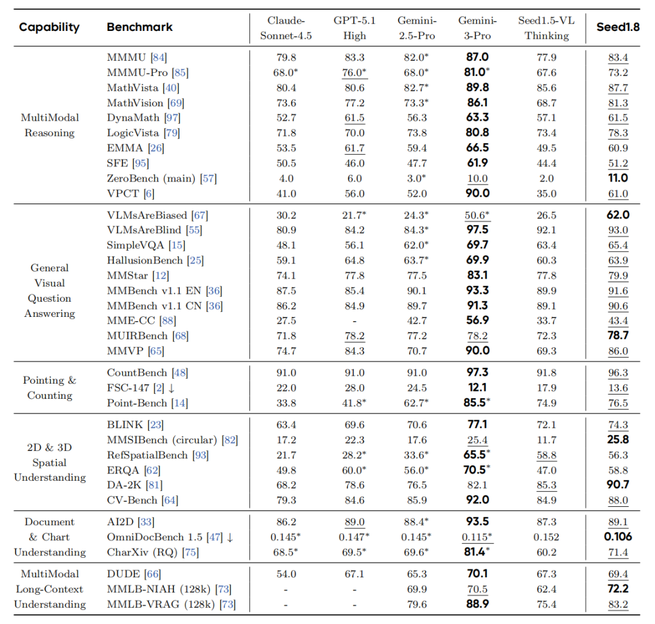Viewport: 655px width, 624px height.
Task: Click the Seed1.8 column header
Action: (618, 28)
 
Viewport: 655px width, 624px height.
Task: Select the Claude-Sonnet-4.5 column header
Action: (286, 28)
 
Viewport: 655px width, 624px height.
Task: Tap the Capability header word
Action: (49, 27)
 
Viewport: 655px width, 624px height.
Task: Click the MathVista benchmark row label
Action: (133, 88)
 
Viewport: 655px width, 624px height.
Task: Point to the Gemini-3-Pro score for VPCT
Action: (477, 194)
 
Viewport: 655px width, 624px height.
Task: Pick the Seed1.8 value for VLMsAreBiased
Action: (618, 215)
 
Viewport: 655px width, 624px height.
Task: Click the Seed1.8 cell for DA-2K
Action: (618, 485)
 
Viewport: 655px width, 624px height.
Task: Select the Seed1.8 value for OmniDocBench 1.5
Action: (618, 537)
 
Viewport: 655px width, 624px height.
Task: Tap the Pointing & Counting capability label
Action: (50, 388)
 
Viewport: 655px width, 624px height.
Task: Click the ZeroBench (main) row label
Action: (153, 178)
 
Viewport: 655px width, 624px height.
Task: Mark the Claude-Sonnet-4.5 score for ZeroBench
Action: (286, 178)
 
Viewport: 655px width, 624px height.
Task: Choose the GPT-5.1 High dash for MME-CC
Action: (354, 321)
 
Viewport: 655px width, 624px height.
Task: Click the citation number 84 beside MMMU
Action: (159, 58)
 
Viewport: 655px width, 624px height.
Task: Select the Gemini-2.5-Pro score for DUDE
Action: (416, 574)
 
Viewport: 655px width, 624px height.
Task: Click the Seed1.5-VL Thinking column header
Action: (546, 28)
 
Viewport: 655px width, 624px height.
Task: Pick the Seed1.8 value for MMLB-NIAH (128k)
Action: (618, 589)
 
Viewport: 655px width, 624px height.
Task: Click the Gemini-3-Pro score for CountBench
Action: (477, 373)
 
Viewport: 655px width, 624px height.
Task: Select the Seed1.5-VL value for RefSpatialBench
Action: (546, 455)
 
